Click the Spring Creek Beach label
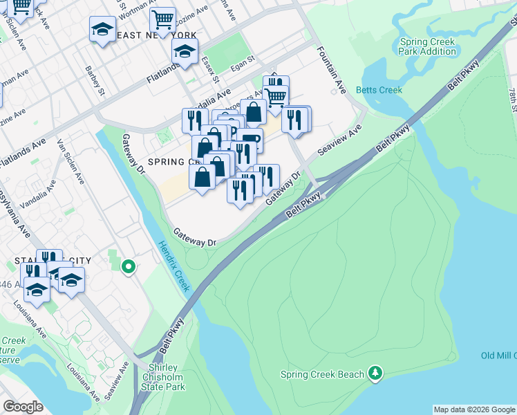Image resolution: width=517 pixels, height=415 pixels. [322, 375]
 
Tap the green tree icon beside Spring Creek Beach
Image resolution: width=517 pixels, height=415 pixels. [375, 373]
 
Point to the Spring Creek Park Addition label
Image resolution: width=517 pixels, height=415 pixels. [427, 46]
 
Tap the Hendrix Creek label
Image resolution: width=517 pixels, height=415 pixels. [172, 266]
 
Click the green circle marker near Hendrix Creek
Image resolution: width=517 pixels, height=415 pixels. [128, 266]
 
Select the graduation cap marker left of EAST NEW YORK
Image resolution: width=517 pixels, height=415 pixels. [102, 30]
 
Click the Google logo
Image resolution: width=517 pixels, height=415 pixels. [23, 407]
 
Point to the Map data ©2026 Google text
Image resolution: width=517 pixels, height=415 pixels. [474, 409]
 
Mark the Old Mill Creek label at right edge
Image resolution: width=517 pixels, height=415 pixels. [498, 356]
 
